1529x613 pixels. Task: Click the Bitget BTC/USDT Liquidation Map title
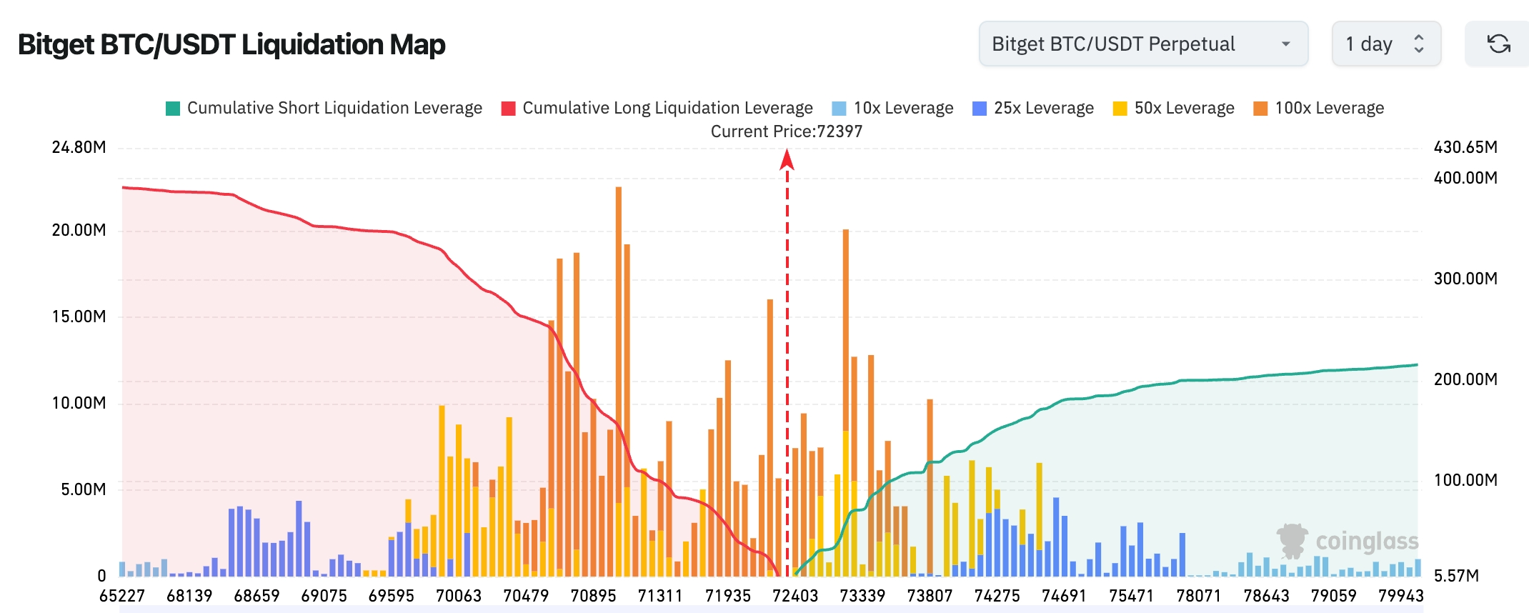coord(231,44)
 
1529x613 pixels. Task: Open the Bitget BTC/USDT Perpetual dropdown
coord(1142,44)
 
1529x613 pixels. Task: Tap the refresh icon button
coord(1498,44)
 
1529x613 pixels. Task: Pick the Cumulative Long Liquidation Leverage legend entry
coord(657,108)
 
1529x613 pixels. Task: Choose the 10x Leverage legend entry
coord(892,108)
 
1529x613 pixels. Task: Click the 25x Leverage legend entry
coord(1033,108)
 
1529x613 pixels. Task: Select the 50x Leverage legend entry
coord(1173,108)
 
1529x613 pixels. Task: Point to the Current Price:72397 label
coord(786,131)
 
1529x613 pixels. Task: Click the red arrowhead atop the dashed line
coord(787,159)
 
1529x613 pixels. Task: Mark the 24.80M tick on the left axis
coord(79,147)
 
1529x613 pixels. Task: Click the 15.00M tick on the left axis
coord(79,317)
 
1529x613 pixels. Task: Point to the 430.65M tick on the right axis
coord(1465,147)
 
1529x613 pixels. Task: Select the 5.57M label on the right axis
coord(1455,575)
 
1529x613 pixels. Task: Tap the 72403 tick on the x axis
coord(795,596)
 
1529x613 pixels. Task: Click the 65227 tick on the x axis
coord(122,596)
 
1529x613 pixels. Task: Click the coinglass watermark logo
coord(1347,542)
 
